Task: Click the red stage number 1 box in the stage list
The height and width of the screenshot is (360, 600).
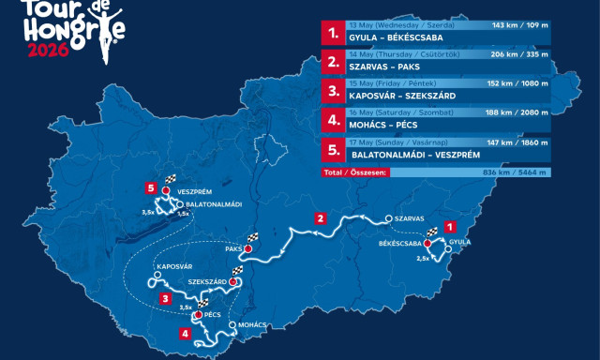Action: point(332,32)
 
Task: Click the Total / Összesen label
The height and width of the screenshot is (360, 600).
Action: point(350,173)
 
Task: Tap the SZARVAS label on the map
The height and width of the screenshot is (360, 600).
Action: point(412,217)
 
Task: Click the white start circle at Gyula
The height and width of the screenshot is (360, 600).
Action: point(448,249)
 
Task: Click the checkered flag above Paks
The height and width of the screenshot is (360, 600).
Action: point(250,237)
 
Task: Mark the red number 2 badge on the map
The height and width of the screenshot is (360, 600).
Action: point(321,218)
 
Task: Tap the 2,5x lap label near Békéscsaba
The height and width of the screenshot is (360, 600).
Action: point(422,259)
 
